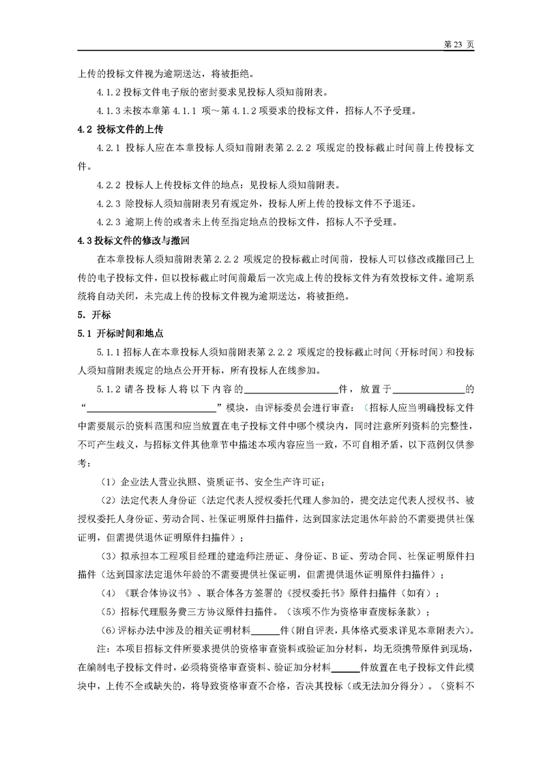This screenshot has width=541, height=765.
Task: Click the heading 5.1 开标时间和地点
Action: tap(119, 333)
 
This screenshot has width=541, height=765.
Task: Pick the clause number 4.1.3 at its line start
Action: tap(109, 110)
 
